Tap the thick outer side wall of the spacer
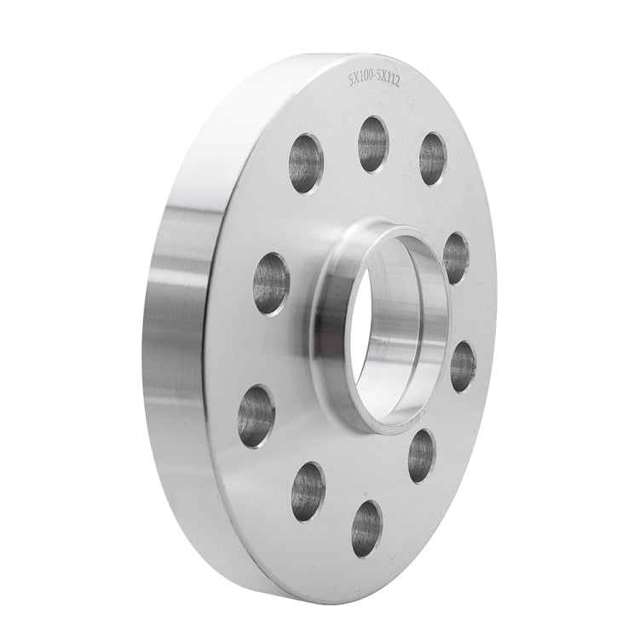click(x=175, y=324)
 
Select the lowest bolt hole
click(x=366, y=528)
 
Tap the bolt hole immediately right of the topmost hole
click(x=432, y=158)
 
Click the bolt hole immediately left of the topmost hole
click(x=306, y=163)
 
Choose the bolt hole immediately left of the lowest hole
click(x=308, y=492)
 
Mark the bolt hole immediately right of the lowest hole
click(x=421, y=456)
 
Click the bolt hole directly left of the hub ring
click(x=271, y=283)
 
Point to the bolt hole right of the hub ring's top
click(x=456, y=257)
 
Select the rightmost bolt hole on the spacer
click(x=463, y=366)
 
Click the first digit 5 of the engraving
click(x=351, y=80)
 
